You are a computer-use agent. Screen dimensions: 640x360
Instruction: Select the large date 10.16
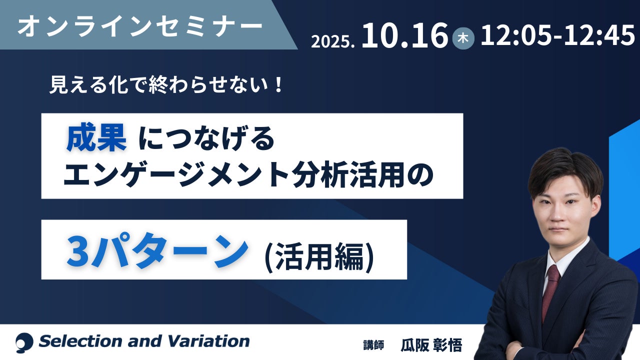[x=404, y=35]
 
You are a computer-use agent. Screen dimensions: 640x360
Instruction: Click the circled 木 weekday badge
[x=463, y=38]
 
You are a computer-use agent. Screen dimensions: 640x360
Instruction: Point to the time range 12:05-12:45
[x=557, y=35]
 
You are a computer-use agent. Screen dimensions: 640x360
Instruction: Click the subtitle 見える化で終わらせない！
[x=166, y=85]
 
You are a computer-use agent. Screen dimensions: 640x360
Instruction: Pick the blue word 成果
[x=96, y=137]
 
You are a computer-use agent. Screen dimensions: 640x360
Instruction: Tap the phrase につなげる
[x=206, y=139]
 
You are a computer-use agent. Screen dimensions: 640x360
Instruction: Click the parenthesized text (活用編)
[x=319, y=257]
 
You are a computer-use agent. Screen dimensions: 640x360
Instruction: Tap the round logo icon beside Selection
[x=24, y=342]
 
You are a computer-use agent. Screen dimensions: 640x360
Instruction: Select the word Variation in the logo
[x=208, y=341]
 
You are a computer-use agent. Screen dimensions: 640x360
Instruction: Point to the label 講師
[x=373, y=345]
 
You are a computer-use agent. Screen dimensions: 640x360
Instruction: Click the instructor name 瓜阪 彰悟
[x=431, y=345]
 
